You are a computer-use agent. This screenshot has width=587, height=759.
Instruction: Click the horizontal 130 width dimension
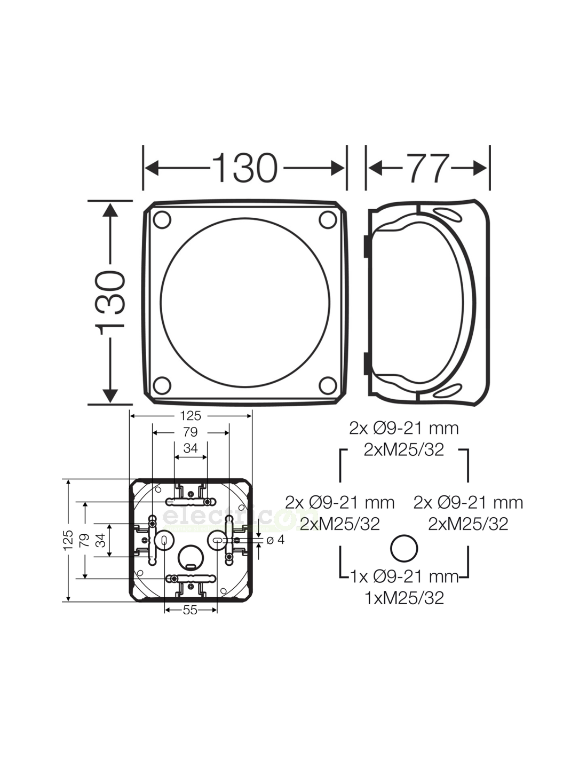pyautogui.click(x=245, y=168)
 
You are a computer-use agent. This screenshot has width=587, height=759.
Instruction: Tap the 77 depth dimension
pyautogui.click(x=429, y=168)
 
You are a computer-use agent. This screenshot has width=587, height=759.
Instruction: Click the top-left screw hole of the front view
pyautogui.click(x=162, y=220)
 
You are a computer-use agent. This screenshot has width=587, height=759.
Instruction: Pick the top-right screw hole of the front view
pyautogui.click(x=328, y=220)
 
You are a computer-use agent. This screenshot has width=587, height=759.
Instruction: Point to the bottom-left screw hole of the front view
pyautogui.click(x=162, y=385)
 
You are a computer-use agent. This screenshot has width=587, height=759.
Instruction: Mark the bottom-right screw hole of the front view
pyautogui.click(x=328, y=385)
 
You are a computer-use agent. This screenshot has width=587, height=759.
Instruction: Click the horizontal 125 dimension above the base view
pyautogui.click(x=190, y=416)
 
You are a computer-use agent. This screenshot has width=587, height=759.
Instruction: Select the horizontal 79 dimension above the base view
pyautogui.click(x=190, y=432)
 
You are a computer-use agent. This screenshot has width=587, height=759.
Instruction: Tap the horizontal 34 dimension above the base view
pyautogui.click(x=190, y=448)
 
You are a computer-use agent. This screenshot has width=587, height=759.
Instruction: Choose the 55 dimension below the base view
pyautogui.click(x=190, y=610)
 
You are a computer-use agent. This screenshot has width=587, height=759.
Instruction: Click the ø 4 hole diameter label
pyautogui.click(x=275, y=540)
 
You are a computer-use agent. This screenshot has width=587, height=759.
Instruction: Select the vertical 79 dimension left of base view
pyautogui.click(x=84, y=540)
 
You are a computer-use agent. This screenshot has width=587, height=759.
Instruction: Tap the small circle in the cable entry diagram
pyautogui.click(x=404, y=548)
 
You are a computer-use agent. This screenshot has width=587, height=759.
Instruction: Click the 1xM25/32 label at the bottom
pyautogui.click(x=404, y=598)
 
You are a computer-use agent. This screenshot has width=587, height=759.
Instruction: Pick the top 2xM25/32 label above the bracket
pyautogui.click(x=404, y=449)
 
